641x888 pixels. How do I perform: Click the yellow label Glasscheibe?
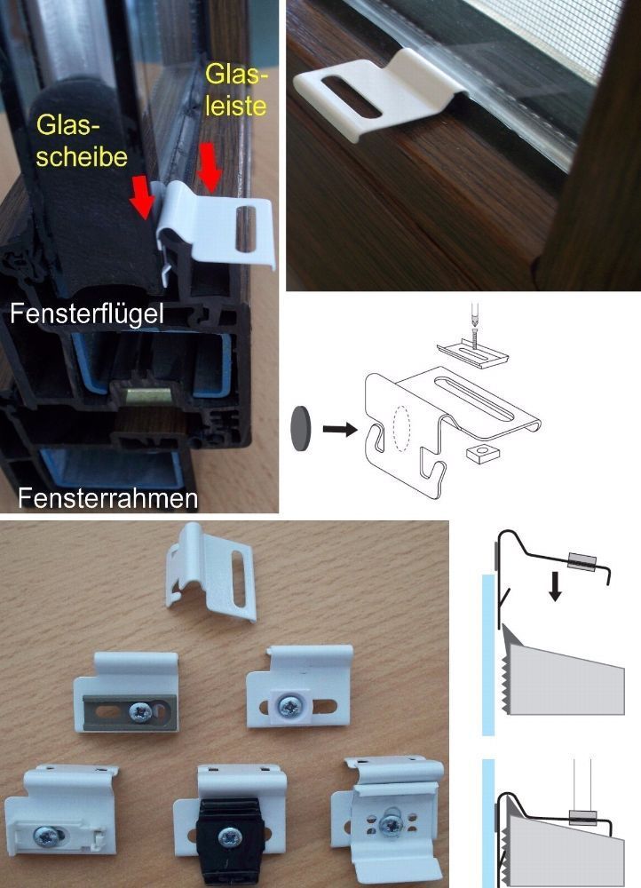tap(82, 140)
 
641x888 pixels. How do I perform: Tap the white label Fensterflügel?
tap(87, 313)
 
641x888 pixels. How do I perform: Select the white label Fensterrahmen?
tap(107, 498)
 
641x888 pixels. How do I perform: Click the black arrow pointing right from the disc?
tap(340, 429)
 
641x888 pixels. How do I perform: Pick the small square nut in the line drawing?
tap(480, 453)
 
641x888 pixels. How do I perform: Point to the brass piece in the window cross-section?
tap(147, 395)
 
